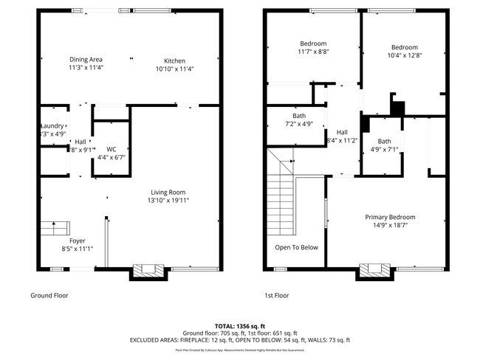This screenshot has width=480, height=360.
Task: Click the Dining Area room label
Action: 86,59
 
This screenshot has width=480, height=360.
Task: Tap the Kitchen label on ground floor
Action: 174,60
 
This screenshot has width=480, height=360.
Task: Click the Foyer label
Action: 78,240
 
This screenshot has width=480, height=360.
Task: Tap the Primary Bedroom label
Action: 390,217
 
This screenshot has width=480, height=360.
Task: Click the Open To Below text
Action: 296,247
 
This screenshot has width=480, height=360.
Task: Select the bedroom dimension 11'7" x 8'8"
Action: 313,52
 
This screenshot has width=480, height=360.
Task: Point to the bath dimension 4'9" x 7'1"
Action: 384,150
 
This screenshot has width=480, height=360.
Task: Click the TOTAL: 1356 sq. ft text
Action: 240,325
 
